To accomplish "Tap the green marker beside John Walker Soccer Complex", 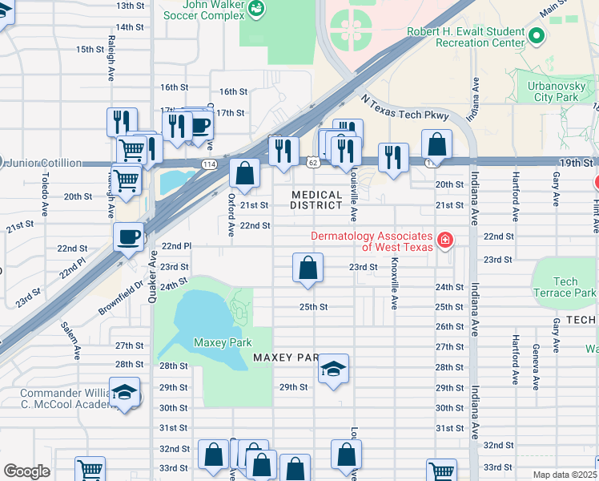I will point(256,9).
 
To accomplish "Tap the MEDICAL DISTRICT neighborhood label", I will point(316,200).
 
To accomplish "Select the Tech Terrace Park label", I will point(565,287).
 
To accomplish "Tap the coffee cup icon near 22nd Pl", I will point(129,236).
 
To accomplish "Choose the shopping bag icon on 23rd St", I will point(308,267).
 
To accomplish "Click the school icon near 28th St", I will point(334,369).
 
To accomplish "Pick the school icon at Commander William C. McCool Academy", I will point(124,393).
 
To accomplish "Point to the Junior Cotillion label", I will point(45,163).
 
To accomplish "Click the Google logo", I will point(26,471).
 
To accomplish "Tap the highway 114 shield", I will point(209,164).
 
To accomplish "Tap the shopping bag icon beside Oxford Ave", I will point(244,172).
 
